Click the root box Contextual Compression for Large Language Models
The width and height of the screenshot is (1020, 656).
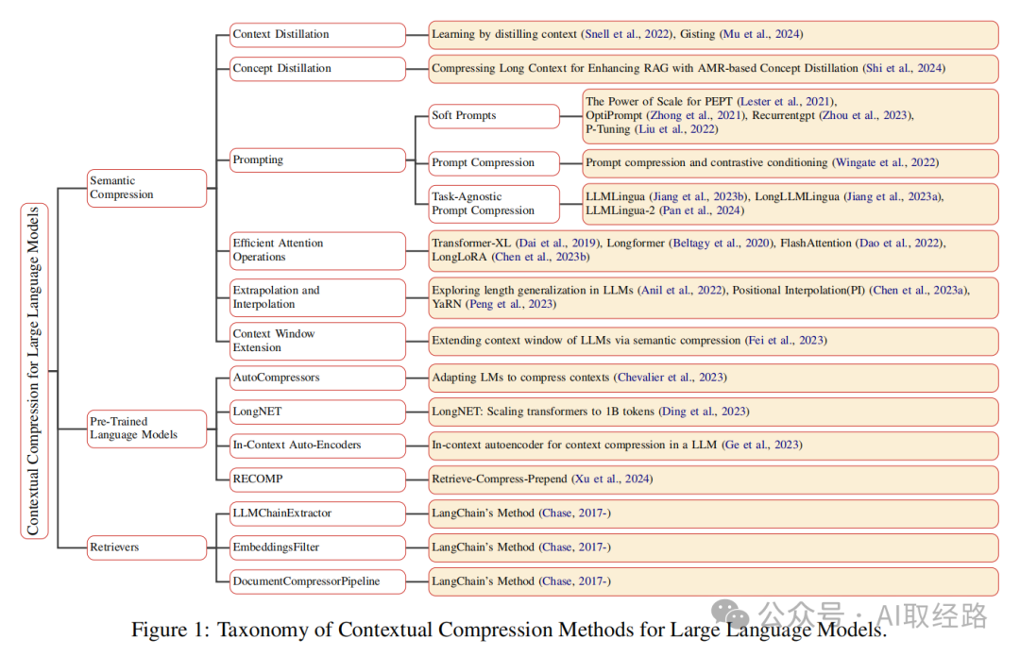[x=34, y=371]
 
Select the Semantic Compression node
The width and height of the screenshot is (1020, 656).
[x=146, y=188]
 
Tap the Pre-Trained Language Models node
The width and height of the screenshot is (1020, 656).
[x=146, y=429]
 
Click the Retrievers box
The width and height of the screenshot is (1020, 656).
[x=146, y=547]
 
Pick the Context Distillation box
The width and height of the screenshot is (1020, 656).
[x=317, y=35]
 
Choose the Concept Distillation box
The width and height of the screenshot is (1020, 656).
[x=317, y=69]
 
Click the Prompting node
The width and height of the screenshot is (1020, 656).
[x=317, y=160]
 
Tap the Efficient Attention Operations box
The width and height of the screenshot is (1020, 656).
[x=317, y=250]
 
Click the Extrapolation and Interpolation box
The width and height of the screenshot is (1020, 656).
[x=317, y=297]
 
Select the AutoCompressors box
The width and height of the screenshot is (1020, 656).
[x=317, y=378]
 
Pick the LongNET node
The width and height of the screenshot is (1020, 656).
[x=317, y=412]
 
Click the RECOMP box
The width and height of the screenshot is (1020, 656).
[x=317, y=479]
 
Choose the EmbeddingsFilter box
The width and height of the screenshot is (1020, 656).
[x=317, y=547]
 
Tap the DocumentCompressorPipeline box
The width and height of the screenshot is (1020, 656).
[x=317, y=581]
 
